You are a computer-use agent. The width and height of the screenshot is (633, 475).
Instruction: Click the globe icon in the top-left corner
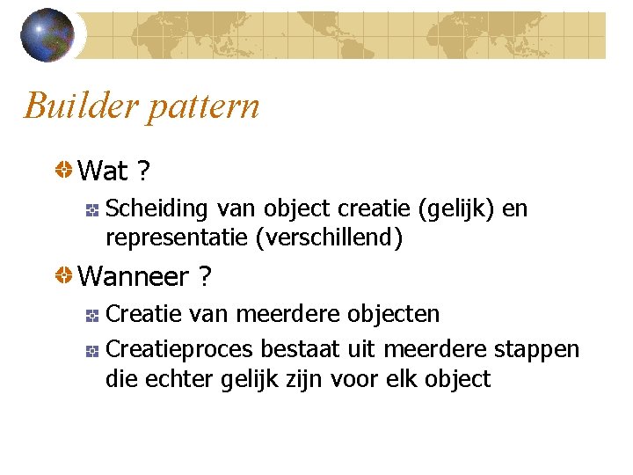pos(47,35)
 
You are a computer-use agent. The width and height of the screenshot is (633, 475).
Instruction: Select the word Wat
pos(103,171)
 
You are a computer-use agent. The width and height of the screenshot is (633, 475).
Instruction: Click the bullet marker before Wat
pos(64,169)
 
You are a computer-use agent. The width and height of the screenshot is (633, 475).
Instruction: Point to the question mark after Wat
pos(142,171)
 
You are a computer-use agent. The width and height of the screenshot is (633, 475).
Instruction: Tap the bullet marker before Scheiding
pos(91,209)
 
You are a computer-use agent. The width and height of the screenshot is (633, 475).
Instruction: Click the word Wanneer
pos(134,277)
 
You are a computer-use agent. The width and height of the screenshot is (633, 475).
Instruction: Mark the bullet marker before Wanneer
pos(64,276)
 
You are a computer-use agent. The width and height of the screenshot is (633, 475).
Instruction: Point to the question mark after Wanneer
pos(204,277)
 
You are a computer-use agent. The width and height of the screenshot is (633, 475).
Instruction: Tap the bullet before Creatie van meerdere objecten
pos(91,314)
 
